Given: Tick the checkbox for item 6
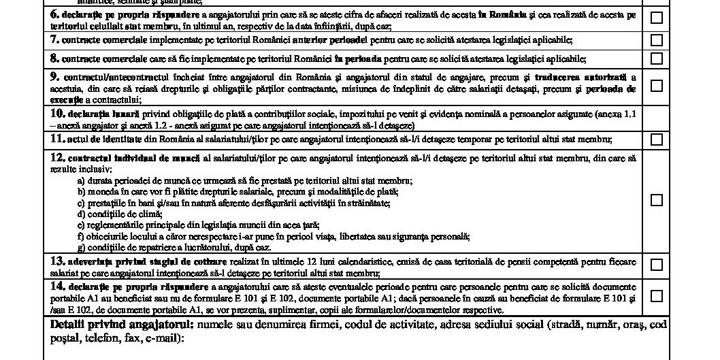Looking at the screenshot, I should tap(656, 18).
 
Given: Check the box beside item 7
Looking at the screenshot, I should tap(656, 40).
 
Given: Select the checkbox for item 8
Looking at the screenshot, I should tap(656, 59).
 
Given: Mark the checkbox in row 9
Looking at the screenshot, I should tap(656, 86).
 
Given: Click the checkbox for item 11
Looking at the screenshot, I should tap(656, 140).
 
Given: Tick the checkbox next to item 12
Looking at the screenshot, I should tap(656, 200).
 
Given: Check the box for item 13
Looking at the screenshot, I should tap(656, 265).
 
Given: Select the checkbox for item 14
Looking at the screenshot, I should tap(656, 296).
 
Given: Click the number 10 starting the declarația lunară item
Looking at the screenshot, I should tap(57, 113).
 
